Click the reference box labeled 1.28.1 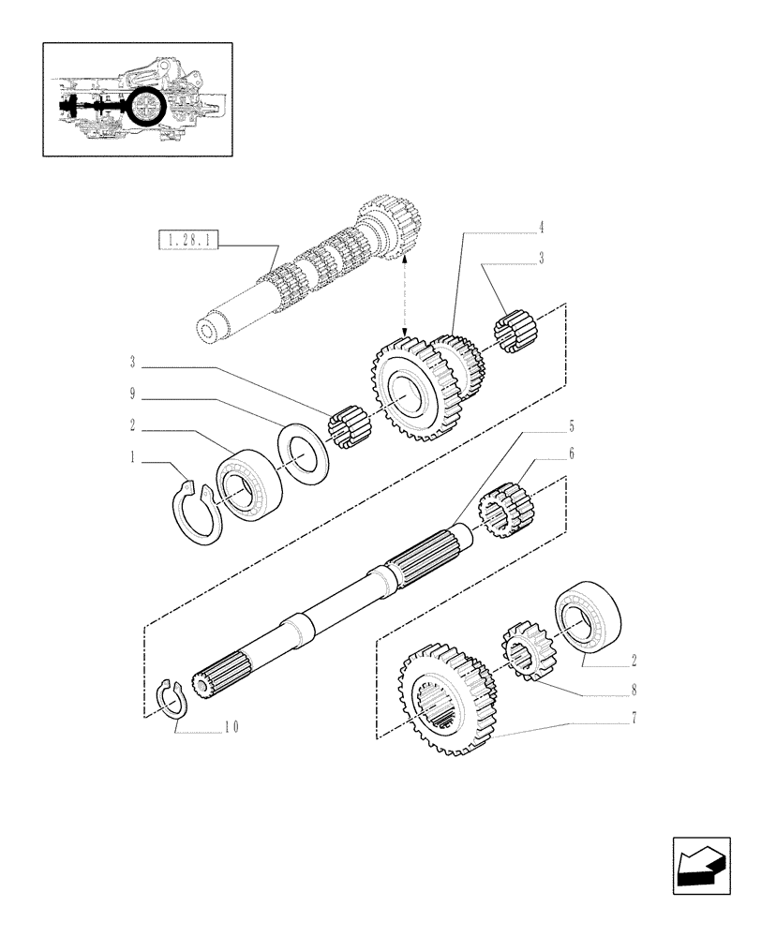[188, 242]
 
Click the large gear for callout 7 [441, 699]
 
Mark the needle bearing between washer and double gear [351, 426]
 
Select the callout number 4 [541, 227]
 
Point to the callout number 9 [132, 394]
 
